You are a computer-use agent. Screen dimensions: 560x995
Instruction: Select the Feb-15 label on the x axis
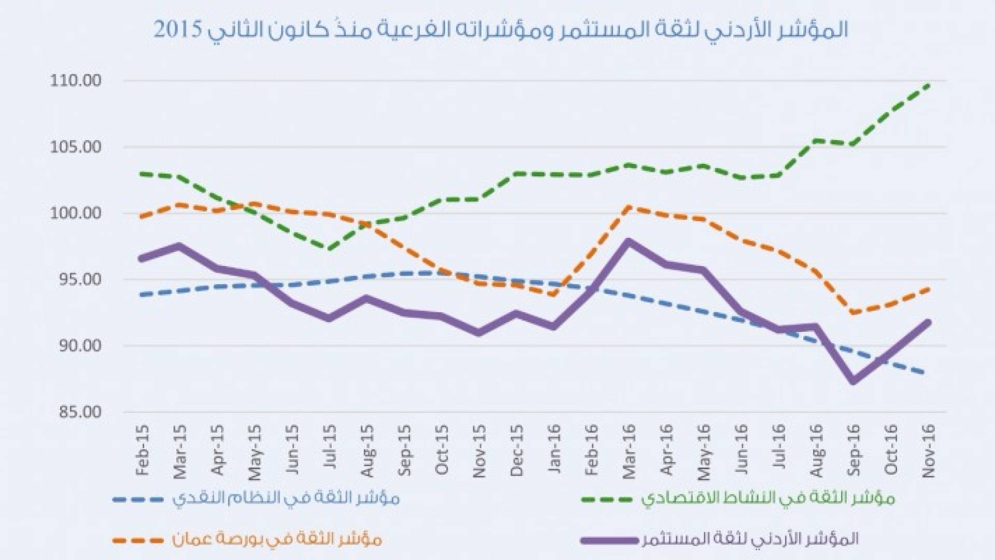click(142, 450)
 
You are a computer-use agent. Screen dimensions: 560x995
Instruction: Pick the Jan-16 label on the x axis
click(553, 450)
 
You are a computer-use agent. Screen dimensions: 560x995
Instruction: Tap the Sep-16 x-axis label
click(853, 450)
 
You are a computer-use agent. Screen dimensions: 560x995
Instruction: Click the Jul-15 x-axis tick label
click(330, 450)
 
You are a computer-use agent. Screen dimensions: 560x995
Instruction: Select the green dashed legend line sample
click(606, 499)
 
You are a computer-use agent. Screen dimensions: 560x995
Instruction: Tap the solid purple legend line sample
click(609, 539)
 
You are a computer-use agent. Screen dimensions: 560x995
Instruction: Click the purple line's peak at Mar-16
click(628, 241)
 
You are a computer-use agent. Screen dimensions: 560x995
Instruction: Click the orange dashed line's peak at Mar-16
click(628, 207)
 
